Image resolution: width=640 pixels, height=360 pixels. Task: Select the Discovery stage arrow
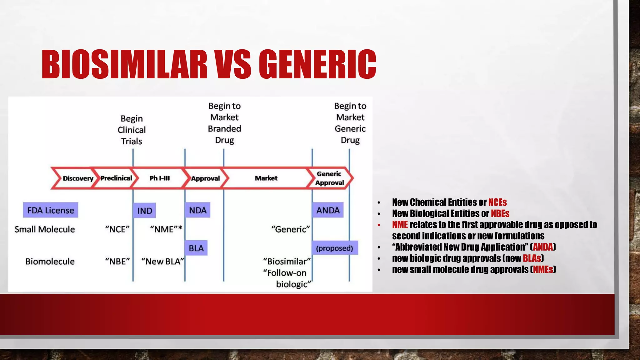77,178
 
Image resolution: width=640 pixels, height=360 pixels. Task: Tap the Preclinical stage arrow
116,178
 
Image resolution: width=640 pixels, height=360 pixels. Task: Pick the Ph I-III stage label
159,178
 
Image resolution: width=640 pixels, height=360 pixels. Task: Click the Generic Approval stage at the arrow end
329,178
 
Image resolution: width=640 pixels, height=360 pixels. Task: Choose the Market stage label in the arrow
266,178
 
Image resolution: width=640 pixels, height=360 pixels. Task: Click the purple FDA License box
51,210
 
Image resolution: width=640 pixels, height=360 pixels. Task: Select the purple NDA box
197,210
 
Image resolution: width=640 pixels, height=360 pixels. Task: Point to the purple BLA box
196,248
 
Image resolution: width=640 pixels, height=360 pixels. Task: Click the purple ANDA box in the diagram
328,210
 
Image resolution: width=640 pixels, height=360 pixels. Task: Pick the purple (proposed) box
335,248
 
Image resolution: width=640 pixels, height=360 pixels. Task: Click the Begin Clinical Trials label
132,130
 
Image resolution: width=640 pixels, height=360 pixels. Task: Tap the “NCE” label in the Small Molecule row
117,229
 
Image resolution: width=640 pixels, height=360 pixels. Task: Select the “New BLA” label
162,261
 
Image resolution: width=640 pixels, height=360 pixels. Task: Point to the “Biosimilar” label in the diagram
287,261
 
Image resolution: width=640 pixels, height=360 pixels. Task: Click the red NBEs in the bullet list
500,213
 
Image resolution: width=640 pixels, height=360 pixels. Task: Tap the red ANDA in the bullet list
543,247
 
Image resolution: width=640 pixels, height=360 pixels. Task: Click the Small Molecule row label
45,229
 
